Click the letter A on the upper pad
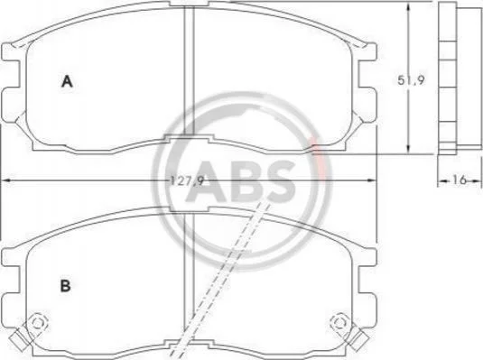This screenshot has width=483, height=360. tap(67, 81)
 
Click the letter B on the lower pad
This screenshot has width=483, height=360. tap(65, 286)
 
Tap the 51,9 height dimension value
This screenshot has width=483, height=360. tap(411, 80)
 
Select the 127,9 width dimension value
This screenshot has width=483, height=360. tap(187, 180)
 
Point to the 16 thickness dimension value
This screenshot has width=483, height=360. tap(460, 180)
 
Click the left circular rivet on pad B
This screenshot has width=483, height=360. tap(38, 323)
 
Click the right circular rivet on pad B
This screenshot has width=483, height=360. tap(339, 323)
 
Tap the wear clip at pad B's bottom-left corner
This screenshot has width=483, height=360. tap(18, 340)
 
